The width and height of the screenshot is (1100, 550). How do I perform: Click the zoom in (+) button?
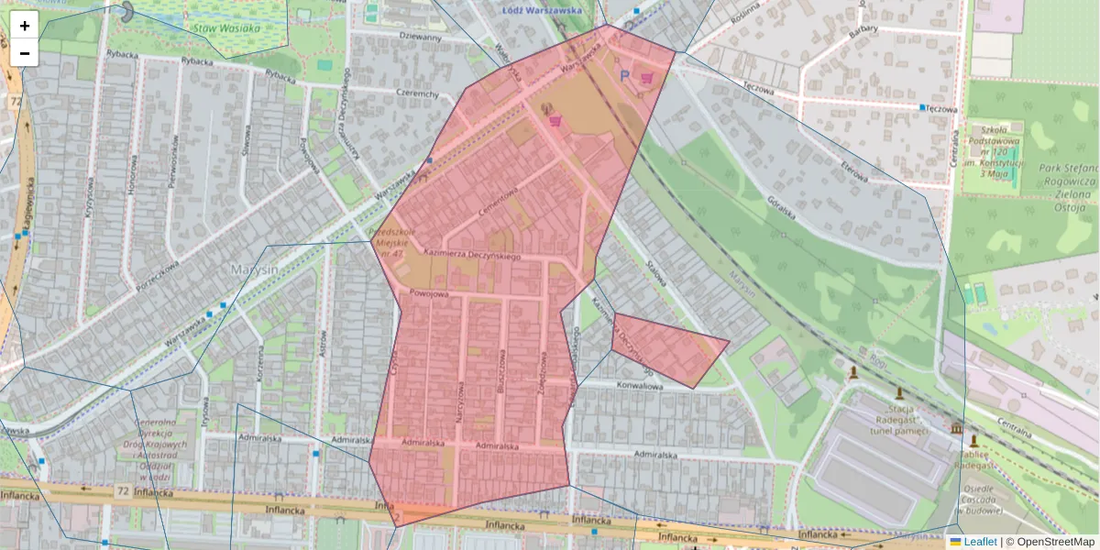coord(25,26)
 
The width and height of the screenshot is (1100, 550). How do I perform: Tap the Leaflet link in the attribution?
coord(980,542)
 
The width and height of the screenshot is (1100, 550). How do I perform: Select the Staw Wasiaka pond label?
coord(226,27)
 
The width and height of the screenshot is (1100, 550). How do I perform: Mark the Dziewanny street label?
coord(421,38)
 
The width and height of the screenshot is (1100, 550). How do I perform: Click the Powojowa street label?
coord(429,294)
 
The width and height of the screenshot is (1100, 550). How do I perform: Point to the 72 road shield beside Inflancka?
coord(122,492)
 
